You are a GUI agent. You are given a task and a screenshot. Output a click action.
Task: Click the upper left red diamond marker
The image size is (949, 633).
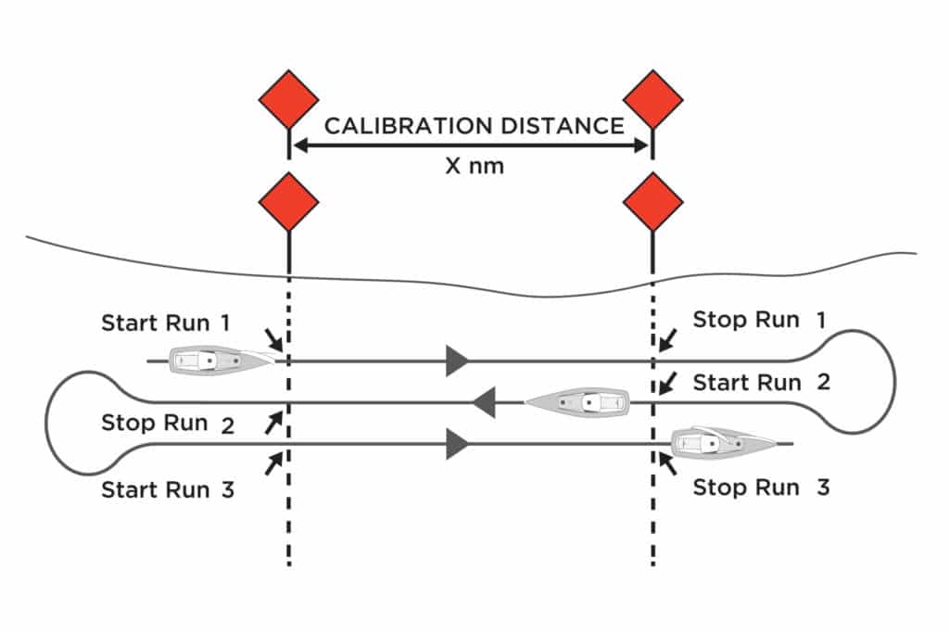[288, 98]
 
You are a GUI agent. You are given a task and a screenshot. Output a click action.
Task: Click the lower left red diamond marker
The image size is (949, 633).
[288, 201]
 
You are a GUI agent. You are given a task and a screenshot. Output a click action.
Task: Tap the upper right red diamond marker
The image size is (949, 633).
[653, 98]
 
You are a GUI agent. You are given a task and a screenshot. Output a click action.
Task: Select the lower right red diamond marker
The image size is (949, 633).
[653, 201]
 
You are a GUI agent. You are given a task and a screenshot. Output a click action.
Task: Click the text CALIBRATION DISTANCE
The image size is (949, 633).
[474, 125]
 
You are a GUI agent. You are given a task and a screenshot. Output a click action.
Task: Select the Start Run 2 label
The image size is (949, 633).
[761, 382]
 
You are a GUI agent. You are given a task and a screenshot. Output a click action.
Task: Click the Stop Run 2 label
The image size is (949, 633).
[167, 424]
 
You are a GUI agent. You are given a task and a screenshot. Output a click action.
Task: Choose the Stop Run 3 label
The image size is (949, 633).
[760, 487]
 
